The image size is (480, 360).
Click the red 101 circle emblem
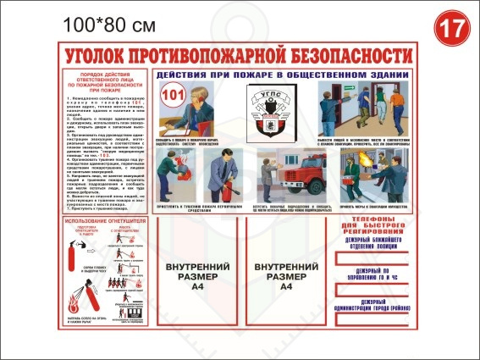[x=171, y=93]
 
